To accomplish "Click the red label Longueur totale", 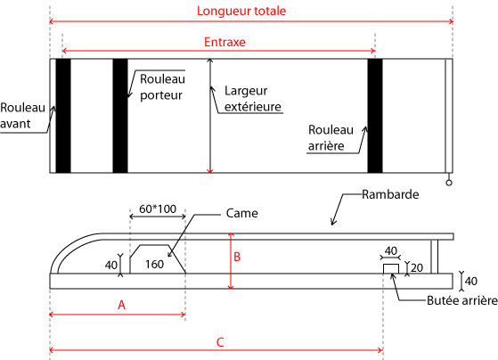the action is coord(241,11).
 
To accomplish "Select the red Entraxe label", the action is coord(225,42).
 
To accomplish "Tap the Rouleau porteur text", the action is coord(162,87).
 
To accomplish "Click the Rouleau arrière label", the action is coord(331,138).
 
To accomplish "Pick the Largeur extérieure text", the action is coord(253,99).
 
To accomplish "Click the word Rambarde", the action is coord(390,194).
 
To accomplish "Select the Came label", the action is coord(241,213).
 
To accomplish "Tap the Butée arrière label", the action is coord(462,300).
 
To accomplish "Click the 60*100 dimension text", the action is coord(158,209).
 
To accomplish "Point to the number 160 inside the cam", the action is coord(154,264).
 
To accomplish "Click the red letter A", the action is coord(121,305).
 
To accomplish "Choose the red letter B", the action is coord(237,257).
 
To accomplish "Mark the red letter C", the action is coord(220,342).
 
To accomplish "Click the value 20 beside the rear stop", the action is coord(417,268).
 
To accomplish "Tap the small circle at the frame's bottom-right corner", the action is coord(449,183).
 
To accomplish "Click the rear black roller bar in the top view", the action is coord(375,116).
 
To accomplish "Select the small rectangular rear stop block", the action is coord(391,269).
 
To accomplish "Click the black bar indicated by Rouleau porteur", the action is coord(120,116).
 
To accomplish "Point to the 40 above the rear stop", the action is coord(391,251).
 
